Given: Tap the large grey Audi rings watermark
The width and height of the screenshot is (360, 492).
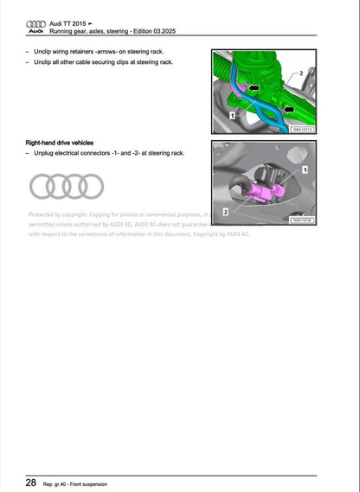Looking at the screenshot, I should point(66,185).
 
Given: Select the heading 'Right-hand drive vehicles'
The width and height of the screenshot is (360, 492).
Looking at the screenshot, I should point(60,143).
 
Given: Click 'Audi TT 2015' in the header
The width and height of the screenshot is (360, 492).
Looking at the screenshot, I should point(68,22).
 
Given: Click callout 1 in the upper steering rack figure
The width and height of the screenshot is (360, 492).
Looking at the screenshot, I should point(233,114).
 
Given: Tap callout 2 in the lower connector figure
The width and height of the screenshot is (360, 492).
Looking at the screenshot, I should point(225,211).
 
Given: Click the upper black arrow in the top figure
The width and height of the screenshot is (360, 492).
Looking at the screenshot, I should point(255,87).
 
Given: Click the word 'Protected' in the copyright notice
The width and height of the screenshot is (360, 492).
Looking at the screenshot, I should point(44,214).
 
